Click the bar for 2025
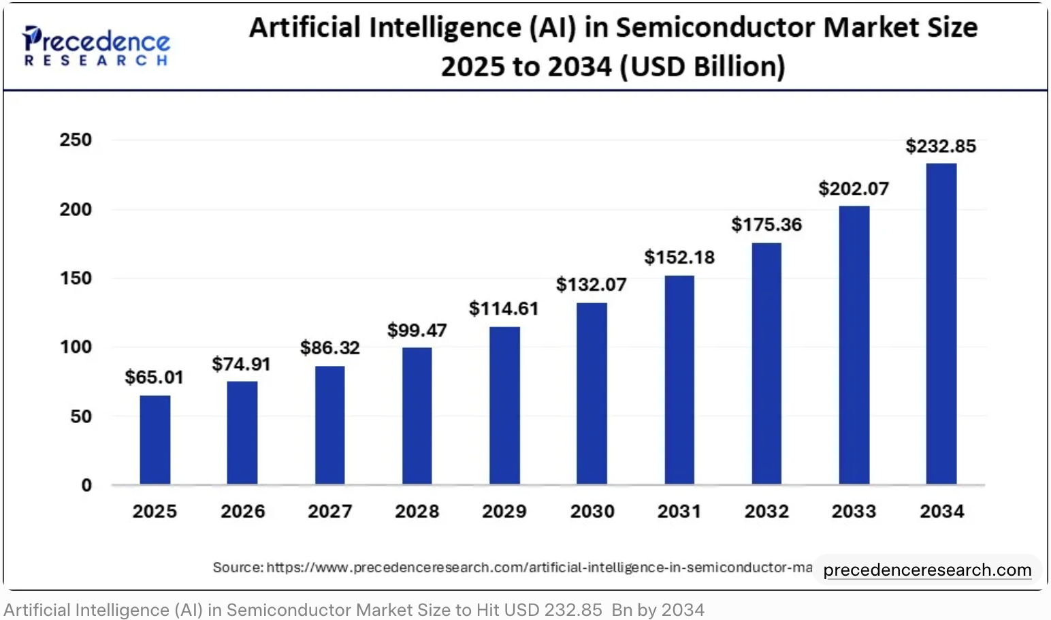coord(155,439)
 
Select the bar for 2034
coord(941,324)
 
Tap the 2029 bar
coord(504,405)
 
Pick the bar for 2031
coord(679,379)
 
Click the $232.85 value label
coord(941,146)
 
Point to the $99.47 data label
coord(417,330)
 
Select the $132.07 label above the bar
coord(591,284)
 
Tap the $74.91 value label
coord(241,364)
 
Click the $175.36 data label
coord(766,225)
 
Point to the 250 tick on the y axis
coord(76,140)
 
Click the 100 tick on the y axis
coord(76,347)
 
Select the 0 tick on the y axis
coord(86,485)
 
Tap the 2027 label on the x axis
coord(329,511)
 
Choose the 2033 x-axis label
coord(854,511)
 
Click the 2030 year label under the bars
coord(592,511)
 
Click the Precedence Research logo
coord(96,46)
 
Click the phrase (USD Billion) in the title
coord(707,67)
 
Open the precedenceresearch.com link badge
coord(927,570)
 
